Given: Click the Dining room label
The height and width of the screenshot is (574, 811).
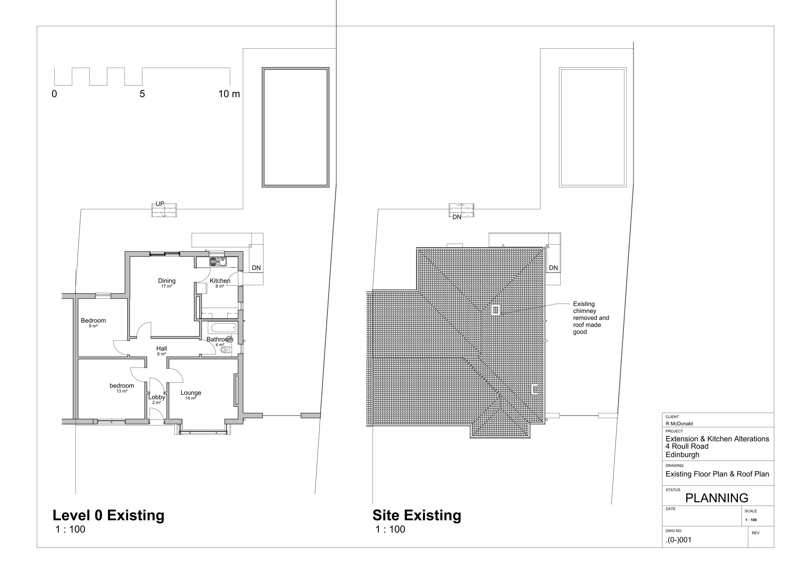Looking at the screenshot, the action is (167, 281).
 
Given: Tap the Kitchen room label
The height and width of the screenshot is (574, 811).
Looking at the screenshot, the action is (220, 281).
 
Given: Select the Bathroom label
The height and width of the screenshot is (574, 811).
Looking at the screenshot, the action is (220, 339).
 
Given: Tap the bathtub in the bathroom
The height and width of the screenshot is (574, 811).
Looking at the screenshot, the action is (224, 328).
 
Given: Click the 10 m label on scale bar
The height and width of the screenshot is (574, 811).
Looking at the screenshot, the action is (229, 94).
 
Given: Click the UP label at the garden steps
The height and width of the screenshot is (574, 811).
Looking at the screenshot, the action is (160, 204).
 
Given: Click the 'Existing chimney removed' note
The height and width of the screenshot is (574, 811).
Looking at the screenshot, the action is (591, 318).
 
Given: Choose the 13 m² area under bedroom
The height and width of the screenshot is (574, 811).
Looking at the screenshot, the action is (122, 391).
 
